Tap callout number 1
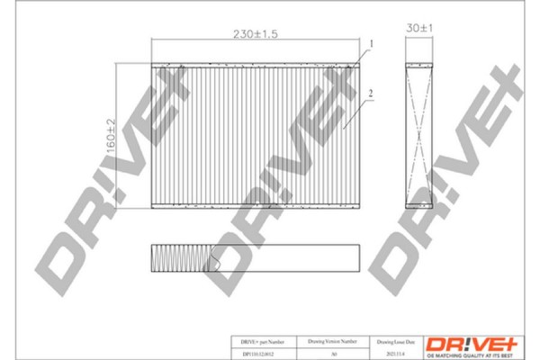click(368, 42)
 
